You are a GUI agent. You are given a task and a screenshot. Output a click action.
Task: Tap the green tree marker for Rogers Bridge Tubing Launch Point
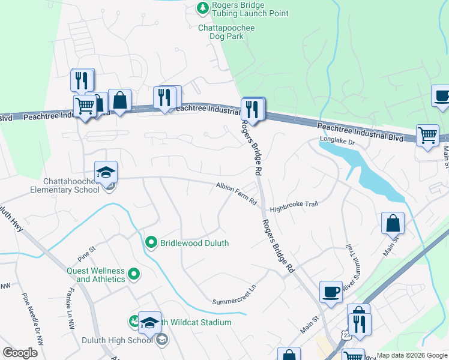coord(203,7)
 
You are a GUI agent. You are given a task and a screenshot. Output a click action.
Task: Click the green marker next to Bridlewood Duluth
coord(151,242)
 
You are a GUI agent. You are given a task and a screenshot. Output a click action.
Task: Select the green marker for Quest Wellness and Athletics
coord(134,275)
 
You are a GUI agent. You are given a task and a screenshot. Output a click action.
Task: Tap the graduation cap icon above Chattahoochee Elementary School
coord(106,172)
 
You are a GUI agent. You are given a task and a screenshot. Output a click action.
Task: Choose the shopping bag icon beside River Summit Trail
coord(392,224)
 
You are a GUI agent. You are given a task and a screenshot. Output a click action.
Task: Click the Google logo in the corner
coord(20,353)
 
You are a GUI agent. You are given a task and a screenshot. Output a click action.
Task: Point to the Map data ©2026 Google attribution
coord(412,355)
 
